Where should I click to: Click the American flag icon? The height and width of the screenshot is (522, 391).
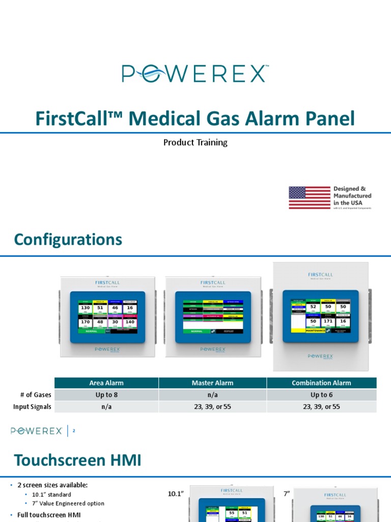point(310,198)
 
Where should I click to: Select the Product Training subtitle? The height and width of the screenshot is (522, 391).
point(195,143)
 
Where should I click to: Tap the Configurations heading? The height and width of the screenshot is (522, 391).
point(68,240)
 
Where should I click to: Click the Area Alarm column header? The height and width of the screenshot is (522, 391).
point(106,383)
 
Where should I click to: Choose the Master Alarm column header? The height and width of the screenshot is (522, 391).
point(212,383)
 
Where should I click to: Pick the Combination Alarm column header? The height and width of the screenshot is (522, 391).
point(321,383)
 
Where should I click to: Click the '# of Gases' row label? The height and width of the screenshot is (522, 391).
point(34,395)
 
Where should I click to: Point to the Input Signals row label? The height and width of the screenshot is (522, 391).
point(32,407)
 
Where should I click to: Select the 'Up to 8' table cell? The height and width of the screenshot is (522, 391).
point(106,395)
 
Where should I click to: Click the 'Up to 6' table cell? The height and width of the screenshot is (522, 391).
point(321,395)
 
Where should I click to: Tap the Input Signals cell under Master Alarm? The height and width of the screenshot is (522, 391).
point(212,407)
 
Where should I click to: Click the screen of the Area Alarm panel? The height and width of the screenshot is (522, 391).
point(107,317)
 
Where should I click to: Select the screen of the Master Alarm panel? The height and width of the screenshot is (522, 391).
point(213,317)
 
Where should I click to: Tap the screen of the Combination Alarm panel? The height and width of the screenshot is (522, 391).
point(321,316)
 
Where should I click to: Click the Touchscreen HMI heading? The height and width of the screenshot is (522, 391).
point(77,460)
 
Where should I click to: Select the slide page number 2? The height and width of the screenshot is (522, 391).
point(74,431)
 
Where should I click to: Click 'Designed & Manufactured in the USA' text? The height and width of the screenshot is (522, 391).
point(352,196)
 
